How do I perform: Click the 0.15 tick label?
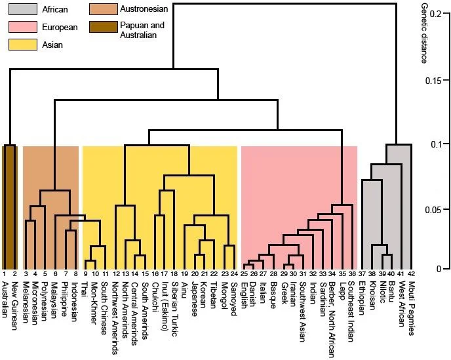pos(433,81)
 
